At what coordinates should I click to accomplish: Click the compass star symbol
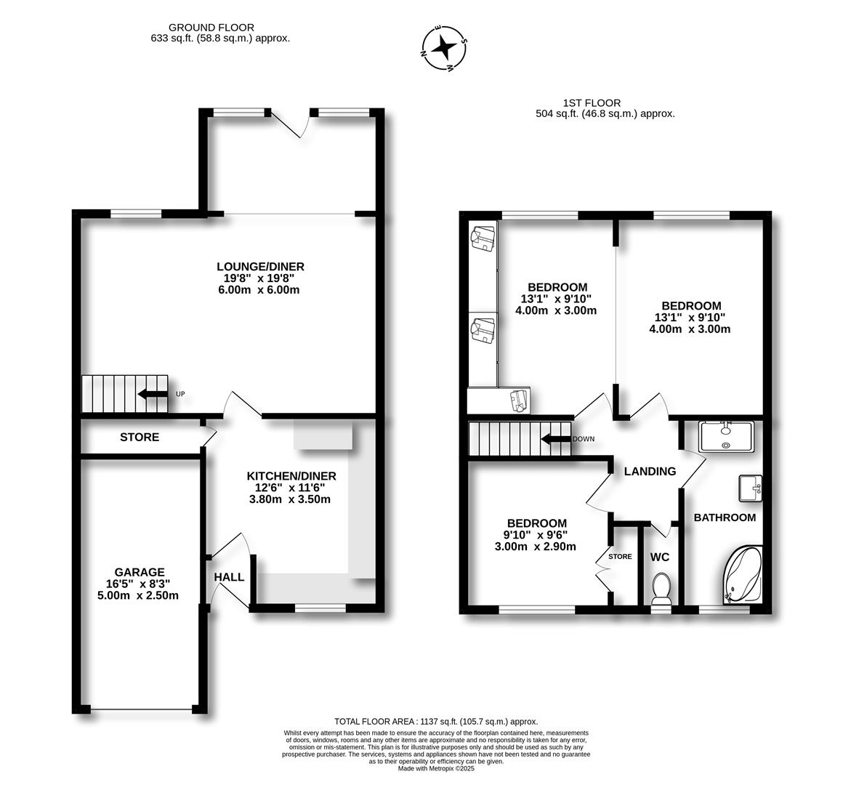tap(444, 49)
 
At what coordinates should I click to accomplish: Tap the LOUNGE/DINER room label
tap(260, 266)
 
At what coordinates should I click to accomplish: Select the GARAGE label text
tap(140, 572)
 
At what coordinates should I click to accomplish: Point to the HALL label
tap(229, 577)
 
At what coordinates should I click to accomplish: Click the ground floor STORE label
tap(140, 438)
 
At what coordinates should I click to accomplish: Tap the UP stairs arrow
tap(153, 394)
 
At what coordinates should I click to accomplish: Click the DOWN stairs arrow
tap(556, 439)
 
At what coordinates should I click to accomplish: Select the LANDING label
tap(650, 471)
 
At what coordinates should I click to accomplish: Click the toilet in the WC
tap(661, 588)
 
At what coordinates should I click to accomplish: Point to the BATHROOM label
tap(725, 518)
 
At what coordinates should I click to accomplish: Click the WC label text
tap(660, 557)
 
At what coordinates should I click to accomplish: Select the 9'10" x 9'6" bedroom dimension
tap(537, 536)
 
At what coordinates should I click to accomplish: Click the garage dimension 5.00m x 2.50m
tap(140, 595)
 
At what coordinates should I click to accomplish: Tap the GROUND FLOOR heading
tap(211, 28)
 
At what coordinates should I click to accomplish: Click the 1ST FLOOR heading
tap(592, 103)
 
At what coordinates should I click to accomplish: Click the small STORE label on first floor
tap(620, 557)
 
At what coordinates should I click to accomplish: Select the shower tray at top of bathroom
tap(726, 436)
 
